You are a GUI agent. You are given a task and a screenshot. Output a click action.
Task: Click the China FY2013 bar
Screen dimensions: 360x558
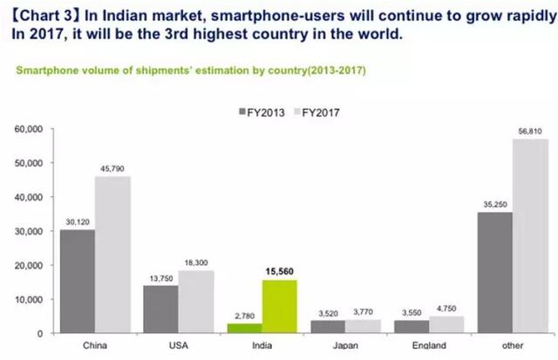pos(77,282)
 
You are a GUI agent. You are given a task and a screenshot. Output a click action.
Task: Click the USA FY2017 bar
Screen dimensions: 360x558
pos(197,302)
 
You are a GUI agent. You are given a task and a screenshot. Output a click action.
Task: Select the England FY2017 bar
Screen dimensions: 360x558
pos(446,325)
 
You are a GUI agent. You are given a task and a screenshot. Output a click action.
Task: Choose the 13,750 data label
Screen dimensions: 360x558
pos(162,278)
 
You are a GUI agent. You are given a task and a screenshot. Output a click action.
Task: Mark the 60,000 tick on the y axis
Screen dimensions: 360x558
pos(28,129)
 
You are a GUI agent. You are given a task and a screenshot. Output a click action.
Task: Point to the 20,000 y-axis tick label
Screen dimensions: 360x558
pos(28,265)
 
